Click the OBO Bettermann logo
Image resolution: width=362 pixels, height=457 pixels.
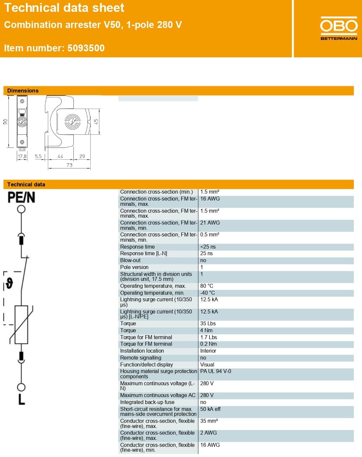tap(339, 28)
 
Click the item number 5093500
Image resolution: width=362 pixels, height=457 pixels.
tap(86, 48)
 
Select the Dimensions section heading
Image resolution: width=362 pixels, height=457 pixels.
tap(23, 91)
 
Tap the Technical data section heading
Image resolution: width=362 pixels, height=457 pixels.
tap(26, 184)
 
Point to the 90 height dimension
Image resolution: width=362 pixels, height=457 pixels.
tap(5, 122)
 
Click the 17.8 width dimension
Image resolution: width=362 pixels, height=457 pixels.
tap(22, 156)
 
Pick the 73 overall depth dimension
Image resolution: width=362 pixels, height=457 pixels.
tap(69, 165)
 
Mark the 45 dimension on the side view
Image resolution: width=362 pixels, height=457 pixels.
tap(96, 121)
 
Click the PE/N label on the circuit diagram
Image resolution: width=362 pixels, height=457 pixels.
tap(21, 198)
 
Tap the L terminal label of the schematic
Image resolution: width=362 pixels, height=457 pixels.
tap(21, 399)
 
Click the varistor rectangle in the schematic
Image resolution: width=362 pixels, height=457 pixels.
tap(21, 325)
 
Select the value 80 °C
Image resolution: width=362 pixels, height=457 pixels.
tap(207, 286)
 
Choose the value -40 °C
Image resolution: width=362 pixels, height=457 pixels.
tap(207, 293)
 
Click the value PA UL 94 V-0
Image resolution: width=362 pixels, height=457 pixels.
tap(215, 371)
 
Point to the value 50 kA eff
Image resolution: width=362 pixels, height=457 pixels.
tap(210, 409)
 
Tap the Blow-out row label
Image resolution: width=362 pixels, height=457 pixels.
tap(130, 260)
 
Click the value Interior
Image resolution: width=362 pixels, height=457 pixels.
tap(208, 351)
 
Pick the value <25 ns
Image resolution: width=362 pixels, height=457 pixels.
tap(208, 247)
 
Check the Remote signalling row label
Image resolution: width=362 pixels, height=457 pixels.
tap(141, 358)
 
